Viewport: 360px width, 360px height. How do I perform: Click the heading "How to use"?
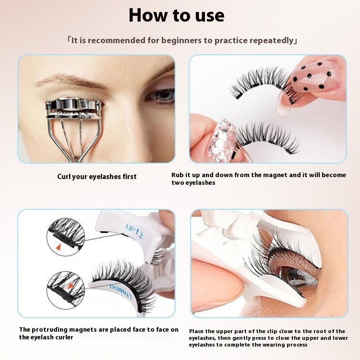click(176, 15)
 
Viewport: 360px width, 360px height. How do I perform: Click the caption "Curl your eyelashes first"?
click(97, 177)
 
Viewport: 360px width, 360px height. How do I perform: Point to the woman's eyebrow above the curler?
click(72, 80)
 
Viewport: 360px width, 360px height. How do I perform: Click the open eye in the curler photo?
click(161, 95)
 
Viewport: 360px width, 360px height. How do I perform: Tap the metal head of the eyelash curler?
click(74, 107)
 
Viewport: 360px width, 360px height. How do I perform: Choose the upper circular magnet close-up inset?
click(65, 236)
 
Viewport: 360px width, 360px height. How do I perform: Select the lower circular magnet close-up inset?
click(65, 289)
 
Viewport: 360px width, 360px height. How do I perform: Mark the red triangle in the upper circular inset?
click(60, 247)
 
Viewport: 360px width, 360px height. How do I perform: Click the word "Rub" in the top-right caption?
click(178, 175)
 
